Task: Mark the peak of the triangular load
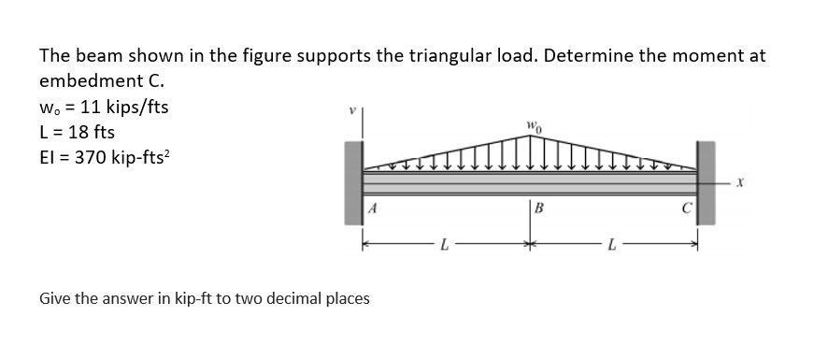coord(529,137)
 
